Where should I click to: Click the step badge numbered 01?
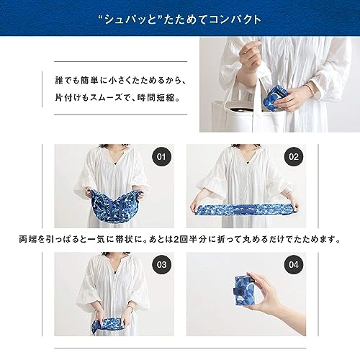161,157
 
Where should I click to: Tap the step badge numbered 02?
293,157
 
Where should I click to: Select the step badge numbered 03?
161,265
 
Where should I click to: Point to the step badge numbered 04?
293,265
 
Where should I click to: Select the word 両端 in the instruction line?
27,239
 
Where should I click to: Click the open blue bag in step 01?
114,204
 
